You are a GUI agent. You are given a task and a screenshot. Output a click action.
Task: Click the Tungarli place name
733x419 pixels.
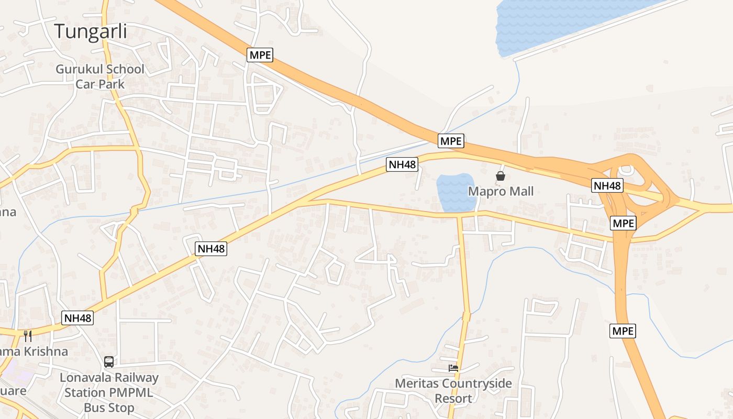point(91,31)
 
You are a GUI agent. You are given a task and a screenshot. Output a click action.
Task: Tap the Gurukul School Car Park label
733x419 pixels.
point(100,76)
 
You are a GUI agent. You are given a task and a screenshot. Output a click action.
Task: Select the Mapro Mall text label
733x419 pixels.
point(501,191)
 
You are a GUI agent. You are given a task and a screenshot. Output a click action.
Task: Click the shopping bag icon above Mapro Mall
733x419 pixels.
point(501,176)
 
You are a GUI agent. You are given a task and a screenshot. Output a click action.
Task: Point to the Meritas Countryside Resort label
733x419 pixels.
point(453,391)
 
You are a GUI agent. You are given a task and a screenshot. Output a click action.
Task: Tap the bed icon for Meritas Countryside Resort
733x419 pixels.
point(453,368)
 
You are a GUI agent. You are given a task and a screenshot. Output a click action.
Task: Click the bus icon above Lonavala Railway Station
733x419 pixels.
point(109,362)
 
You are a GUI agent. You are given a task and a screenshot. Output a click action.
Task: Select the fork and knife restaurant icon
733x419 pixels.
point(28,336)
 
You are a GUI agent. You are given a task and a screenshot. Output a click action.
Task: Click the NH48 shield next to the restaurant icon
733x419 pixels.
point(77,318)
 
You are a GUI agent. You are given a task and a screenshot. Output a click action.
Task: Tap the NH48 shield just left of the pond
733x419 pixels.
point(402,164)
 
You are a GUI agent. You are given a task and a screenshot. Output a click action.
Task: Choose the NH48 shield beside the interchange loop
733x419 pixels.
point(607,185)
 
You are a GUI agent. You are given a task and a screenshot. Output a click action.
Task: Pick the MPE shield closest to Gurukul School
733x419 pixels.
point(260,54)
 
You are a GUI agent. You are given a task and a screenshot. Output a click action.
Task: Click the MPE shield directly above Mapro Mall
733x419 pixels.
point(451,141)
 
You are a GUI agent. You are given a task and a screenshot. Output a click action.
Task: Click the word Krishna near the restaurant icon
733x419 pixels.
point(41,351)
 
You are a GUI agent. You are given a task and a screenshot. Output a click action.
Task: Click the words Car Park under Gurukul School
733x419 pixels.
point(100,84)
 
